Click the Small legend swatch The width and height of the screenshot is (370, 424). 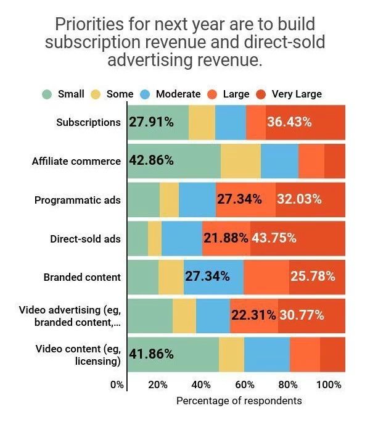pyautogui.click(x=47, y=94)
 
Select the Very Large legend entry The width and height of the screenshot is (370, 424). pyautogui.click(x=297, y=94)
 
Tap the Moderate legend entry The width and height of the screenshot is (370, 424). pyautogui.click(x=178, y=94)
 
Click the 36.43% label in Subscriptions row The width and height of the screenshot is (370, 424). pyautogui.click(x=289, y=122)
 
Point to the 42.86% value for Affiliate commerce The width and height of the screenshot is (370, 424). pyautogui.click(x=151, y=160)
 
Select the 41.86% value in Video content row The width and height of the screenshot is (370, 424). pyautogui.click(x=151, y=354)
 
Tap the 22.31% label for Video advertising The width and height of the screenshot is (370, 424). pyautogui.click(x=253, y=315)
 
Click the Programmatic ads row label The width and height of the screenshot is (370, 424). pyautogui.click(x=78, y=200)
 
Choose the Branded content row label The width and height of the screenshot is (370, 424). pyautogui.click(x=82, y=277)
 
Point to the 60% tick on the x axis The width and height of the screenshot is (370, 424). pyautogui.click(x=245, y=385)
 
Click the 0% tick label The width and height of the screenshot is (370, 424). pyautogui.click(x=117, y=385)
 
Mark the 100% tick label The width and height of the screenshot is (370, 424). pyautogui.click(x=329, y=385)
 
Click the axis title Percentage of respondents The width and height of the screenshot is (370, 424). pyautogui.click(x=239, y=401)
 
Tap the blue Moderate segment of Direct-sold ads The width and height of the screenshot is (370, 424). pyautogui.click(x=181, y=238)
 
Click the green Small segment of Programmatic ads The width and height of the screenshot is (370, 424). pyautogui.click(x=143, y=200)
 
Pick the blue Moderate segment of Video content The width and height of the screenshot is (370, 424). pyautogui.click(x=266, y=354)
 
